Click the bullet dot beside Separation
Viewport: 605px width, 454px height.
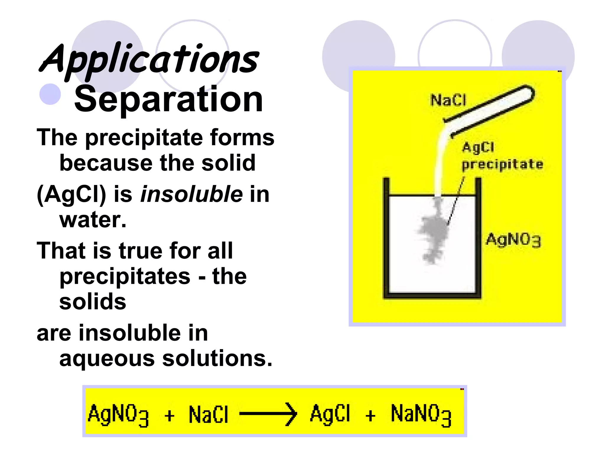pyautogui.click(x=50, y=94)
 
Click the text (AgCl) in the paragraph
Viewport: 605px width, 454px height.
pyautogui.click(x=71, y=195)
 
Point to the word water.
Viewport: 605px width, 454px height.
pyautogui.click(x=93, y=220)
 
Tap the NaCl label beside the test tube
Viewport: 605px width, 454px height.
pyautogui.click(x=448, y=100)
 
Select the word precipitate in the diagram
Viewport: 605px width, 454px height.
pyautogui.click(x=502, y=164)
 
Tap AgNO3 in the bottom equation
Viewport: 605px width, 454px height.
pyautogui.click(x=118, y=414)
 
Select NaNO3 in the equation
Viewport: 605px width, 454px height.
pyautogui.click(x=421, y=414)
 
